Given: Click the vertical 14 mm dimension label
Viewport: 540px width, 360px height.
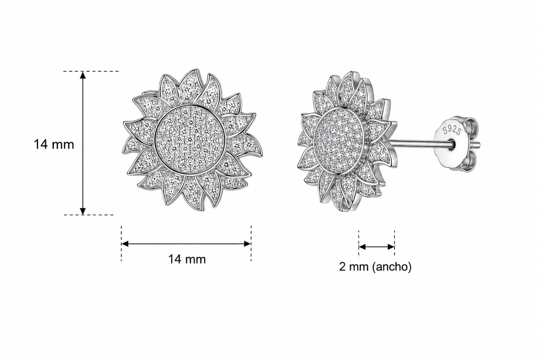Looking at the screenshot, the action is coord(54,144).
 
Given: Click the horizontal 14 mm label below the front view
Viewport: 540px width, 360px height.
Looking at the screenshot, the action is coord(187,259).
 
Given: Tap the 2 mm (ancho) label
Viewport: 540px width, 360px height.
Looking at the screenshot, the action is coord(375,266).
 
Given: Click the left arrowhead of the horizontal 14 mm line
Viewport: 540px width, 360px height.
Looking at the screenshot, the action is coord(126,244).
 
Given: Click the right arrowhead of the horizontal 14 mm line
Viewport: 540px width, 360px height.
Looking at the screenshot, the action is coord(247,244).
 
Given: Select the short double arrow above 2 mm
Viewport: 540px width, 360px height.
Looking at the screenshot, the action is coord(377,247).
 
